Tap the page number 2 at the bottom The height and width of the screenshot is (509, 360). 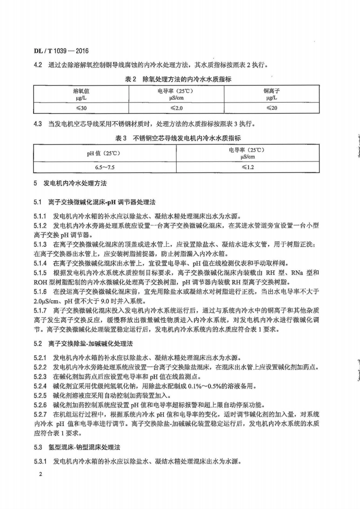(40, 475)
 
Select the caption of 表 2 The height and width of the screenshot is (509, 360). (178, 79)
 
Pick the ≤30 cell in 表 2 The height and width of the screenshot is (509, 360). (81, 108)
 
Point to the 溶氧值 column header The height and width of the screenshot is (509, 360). (81, 93)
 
